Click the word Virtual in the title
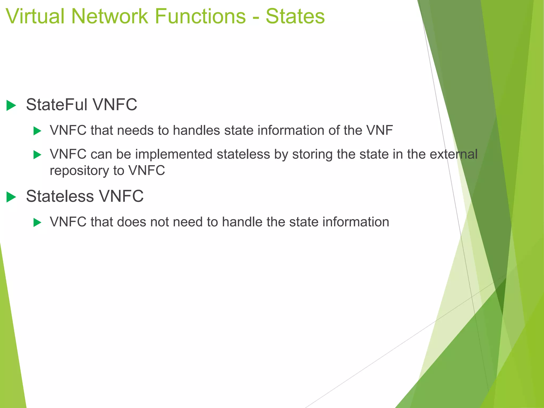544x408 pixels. click(x=35, y=16)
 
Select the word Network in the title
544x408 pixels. click(x=109, y=16)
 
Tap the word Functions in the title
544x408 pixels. click(x=200, y=16)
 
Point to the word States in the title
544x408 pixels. click(x=295, y=16)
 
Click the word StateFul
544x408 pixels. click(x=57, y=105)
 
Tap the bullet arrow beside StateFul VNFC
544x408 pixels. click(x=11, y=105)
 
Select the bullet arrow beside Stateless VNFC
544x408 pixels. click(x=11, y=197)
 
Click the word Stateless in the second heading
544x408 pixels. click(x=60, y=196)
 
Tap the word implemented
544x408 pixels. click(x=174, y=154)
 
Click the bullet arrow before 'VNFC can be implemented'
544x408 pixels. click(x=37, y=155)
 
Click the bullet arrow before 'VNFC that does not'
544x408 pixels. click(x=37, y=222)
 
